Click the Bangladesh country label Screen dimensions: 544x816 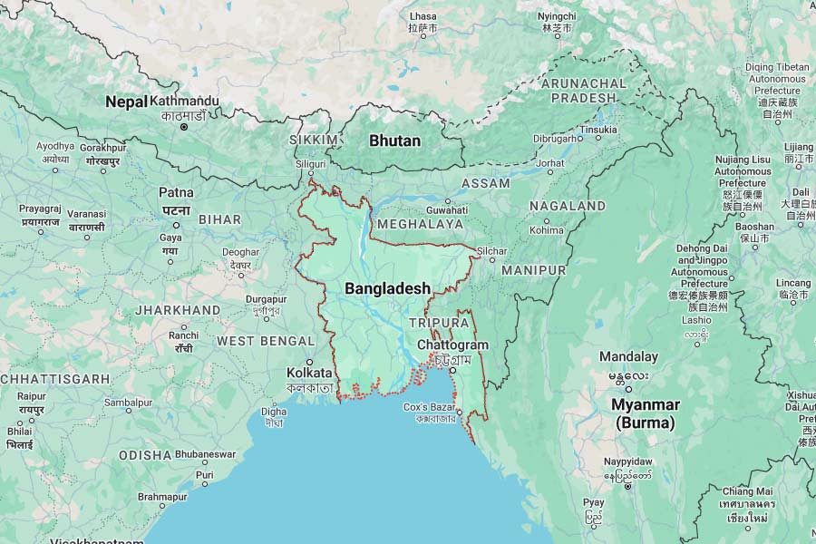[387, 287]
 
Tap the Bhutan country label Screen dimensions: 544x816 [394, 141]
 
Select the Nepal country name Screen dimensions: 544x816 [125, 102]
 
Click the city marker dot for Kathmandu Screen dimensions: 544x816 [184, 128]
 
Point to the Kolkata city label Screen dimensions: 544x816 [309, 373]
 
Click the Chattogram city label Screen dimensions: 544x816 [452, 345]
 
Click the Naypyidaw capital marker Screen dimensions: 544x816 [627, 487]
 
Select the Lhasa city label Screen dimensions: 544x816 [423, 16]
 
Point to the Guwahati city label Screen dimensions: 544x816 [446, 209]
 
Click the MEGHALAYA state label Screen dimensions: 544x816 [420, 224]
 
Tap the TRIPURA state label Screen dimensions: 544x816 [439, 323]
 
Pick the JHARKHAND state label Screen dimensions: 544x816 [177, 310]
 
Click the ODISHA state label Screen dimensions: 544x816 [144, 454]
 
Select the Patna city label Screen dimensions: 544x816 [176, 192]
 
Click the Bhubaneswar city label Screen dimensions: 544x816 [206, 453]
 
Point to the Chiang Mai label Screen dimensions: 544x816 [748, 491]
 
